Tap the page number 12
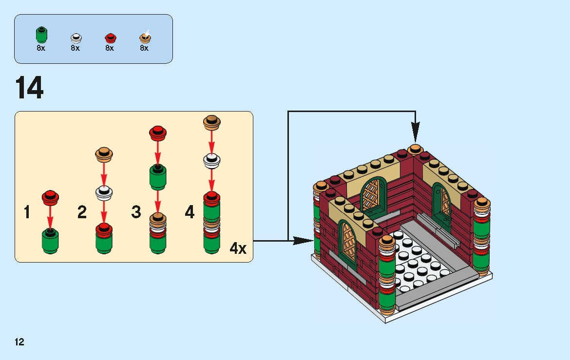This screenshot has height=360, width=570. (19, 342)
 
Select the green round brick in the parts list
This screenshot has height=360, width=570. (41, 36)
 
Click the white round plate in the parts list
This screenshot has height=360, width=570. (76, 38)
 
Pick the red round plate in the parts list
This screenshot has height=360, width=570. (110, 38)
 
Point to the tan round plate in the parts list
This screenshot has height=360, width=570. (145, 37)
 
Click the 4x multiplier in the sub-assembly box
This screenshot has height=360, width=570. (238, 248)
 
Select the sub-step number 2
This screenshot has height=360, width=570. (82, 212)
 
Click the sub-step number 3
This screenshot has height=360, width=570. (136, 212)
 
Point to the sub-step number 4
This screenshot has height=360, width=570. (190, 212)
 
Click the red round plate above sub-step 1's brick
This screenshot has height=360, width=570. (50, 197)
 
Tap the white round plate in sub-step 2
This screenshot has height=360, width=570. (104, 193)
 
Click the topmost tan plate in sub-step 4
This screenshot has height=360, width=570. (211, 122)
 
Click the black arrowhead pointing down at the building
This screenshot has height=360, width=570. (415, 132)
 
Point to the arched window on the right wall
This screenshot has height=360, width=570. (442, 203)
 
